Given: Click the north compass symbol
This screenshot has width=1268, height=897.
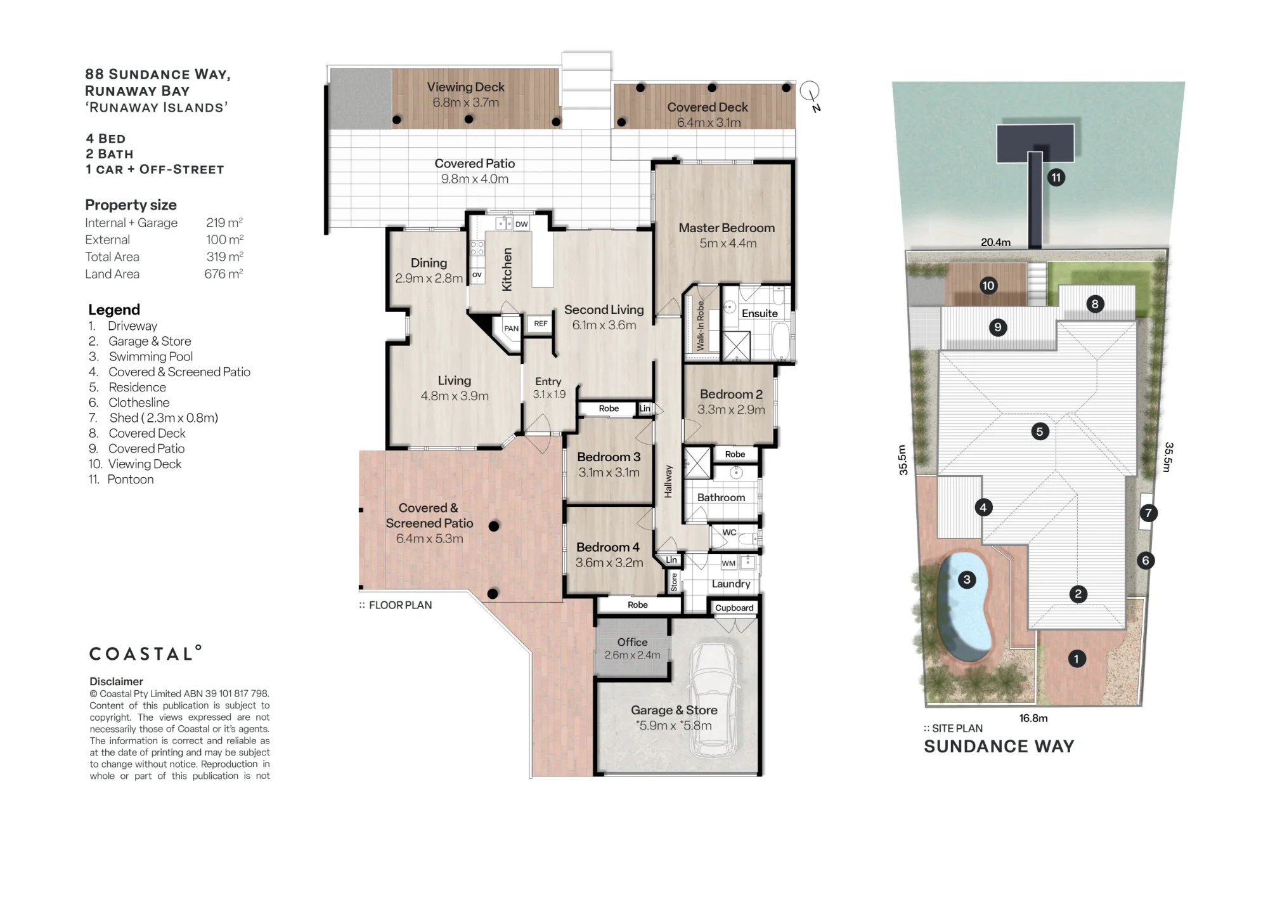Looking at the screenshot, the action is pos(811,95).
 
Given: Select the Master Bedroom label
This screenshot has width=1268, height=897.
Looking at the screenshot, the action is pos(727,228).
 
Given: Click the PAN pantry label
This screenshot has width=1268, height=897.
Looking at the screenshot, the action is pos(511,329).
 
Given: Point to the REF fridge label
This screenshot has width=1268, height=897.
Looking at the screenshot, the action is pos(541,324).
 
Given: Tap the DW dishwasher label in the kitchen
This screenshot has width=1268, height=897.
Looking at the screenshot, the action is pos(522,224).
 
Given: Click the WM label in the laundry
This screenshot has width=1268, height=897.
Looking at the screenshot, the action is pos(728,563).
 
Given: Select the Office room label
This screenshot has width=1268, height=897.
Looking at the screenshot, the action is pos(633,642).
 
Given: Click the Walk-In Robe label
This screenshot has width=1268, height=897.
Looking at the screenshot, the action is pos(701,325).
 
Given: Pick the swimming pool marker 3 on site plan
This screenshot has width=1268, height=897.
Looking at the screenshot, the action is pos(967,579).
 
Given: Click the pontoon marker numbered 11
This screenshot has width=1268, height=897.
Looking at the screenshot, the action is pos(1056,178).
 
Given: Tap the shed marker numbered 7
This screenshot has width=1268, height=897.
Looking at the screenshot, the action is pos(1148,513).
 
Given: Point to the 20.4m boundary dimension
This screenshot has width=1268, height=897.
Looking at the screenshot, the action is pos(996,242).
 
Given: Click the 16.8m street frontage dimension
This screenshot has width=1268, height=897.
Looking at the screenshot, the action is pos(1033,718).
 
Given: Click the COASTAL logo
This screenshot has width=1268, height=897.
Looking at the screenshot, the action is pos(145,653).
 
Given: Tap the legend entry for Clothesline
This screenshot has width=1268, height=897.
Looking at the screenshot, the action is pos(139,403).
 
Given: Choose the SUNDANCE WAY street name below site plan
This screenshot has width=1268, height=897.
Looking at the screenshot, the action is pos(999,747).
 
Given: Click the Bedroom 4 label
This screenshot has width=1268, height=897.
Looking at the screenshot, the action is pos(608,547).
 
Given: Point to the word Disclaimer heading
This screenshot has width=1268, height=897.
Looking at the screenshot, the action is pos(116,681).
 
